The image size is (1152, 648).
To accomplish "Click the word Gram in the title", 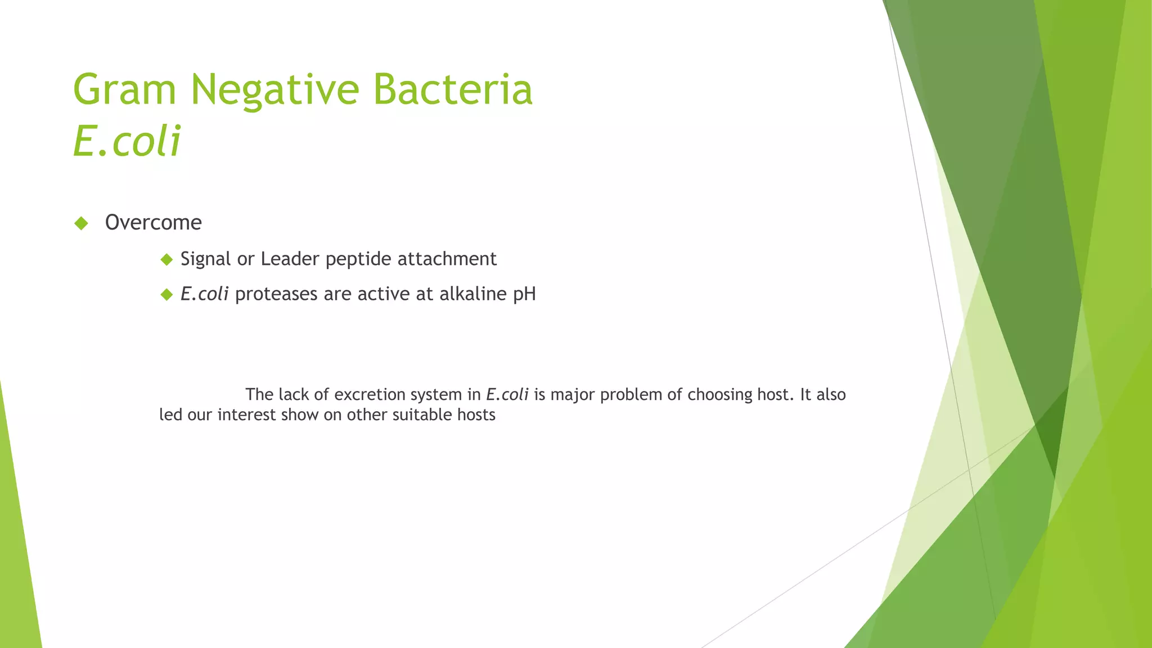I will (124, 90).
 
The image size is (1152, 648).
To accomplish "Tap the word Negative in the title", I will (274, 90).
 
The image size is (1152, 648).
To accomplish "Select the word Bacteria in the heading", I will (452, 90).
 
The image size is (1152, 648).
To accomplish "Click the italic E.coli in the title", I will (127, 141).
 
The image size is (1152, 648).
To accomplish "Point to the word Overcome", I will (153, 223).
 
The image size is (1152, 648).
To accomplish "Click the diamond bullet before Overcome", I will (82, 223).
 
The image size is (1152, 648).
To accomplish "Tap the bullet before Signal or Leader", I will (166, 259).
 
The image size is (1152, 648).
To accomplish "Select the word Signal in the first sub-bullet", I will (206, 259).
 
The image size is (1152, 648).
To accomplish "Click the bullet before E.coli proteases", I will (166, 294).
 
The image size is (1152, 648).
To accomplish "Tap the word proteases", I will (276, 295).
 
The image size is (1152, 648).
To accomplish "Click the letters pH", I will (524, 295).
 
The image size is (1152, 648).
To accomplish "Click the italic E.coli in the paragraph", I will (507, 395).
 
